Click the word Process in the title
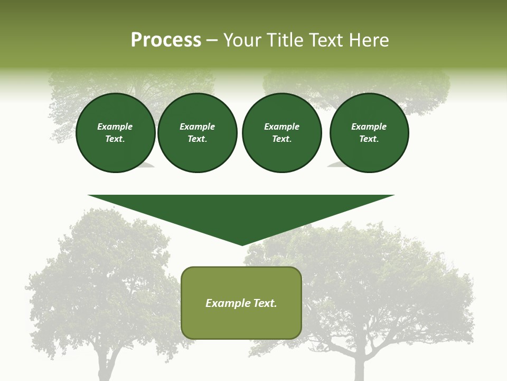[166, 40]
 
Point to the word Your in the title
[242, 40]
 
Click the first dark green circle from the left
[115, 133]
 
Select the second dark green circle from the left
[197, 133]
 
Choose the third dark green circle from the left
[281, 133]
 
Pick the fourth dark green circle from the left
[369, 133]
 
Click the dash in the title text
[212, 41]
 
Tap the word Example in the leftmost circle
[115, 127]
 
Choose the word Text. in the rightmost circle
[369, 139]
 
